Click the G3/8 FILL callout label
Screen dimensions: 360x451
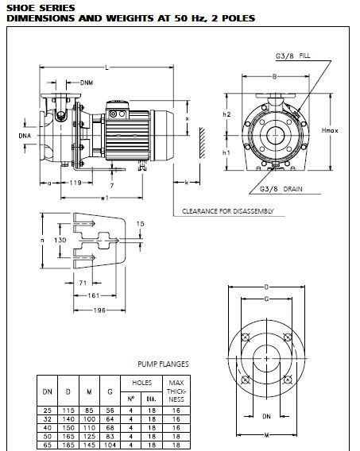coord(293,56)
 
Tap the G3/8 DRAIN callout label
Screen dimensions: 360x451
coord(281,189)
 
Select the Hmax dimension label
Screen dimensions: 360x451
coord(330,130)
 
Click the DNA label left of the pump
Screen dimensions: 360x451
coord(25,136)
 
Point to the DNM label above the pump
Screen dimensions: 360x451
coord(87,83)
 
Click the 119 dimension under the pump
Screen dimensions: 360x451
coord(75,183)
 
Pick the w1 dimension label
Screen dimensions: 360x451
coord(105,198)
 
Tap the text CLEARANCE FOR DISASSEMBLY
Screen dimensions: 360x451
coord(227,211)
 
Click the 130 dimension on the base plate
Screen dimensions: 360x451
coord(60,240)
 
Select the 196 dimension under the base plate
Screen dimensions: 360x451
coord(99,310)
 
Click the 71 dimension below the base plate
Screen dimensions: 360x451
coord(83,283)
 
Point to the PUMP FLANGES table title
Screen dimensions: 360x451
coord(163,364)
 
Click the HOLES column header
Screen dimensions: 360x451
coord(141,383)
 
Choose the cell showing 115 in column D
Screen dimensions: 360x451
coord(68,411)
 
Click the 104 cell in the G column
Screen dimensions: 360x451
coord(110,445)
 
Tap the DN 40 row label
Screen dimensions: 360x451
coord(48,428)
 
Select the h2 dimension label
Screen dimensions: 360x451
coord(226,114)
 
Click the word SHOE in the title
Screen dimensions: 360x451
coord(21,8)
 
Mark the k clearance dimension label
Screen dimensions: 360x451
coord(187,183)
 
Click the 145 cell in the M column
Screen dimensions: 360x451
coord(89,445)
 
